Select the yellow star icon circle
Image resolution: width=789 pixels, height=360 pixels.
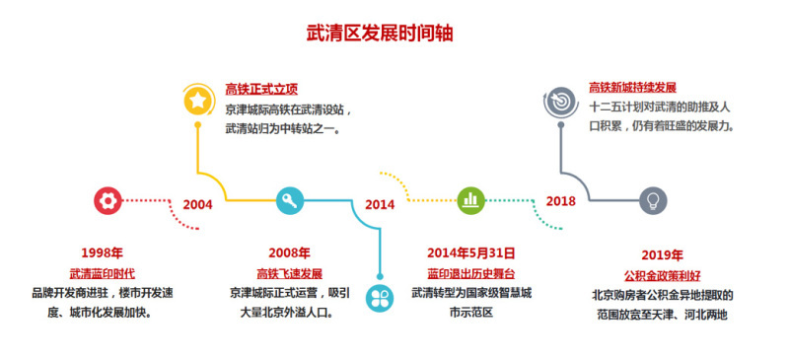click(198, 99)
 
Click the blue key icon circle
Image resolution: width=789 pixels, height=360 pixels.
click(289, 201)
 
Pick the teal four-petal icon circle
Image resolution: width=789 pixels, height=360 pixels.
click(379, 296)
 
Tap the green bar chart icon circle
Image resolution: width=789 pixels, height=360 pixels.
click(470, 200)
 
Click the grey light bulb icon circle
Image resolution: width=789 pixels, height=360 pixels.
click(651, 201)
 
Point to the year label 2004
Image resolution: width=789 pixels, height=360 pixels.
click(197, 204)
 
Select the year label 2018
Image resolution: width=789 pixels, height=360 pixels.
click(560, 201)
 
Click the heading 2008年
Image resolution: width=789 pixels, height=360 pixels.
click(289, 253)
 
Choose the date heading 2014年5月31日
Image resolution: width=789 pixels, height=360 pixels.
click(470, 253)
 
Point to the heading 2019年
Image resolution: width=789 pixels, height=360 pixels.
click(661, 253)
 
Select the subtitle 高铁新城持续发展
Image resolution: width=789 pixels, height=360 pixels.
click(632, 87)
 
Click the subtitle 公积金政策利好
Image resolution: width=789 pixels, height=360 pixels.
click(661, 273)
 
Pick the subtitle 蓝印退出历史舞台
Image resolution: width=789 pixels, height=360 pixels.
click(471, 273)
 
